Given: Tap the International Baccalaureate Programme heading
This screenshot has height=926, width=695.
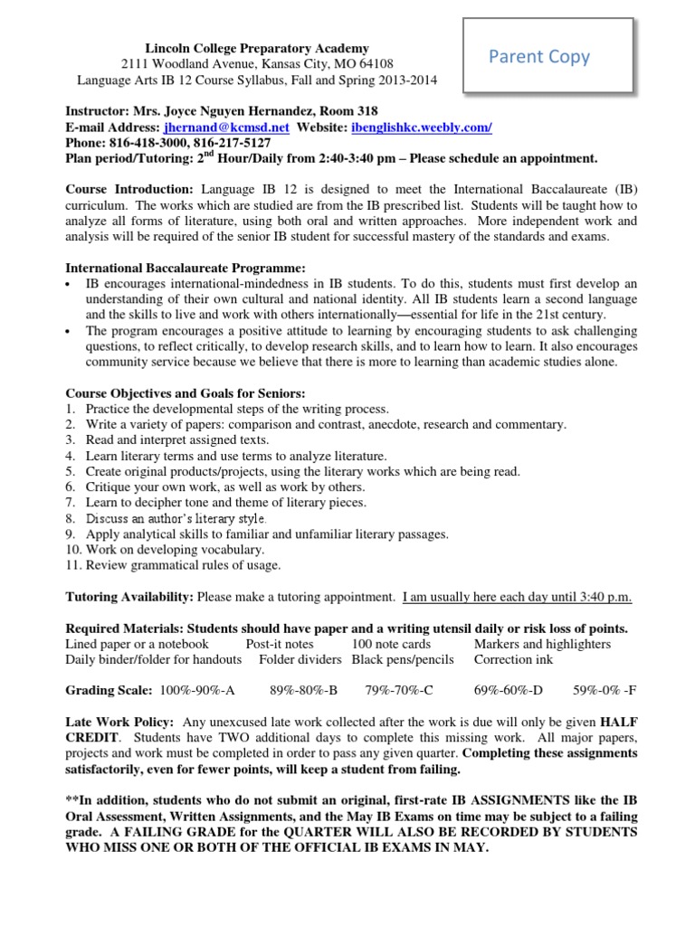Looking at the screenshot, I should (186, 268).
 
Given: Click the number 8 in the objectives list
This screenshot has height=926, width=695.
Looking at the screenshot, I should (70, 518).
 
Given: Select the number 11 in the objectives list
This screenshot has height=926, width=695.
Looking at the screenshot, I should (72, 565).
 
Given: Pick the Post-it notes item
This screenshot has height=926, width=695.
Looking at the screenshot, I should (280, 644).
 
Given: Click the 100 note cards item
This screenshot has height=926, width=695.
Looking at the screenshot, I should (391, 644).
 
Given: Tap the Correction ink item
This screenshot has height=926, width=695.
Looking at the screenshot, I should (512, 659).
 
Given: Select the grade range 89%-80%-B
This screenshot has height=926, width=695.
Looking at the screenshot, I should (303, 691).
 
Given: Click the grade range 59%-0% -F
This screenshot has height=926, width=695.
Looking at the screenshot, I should (605, 691).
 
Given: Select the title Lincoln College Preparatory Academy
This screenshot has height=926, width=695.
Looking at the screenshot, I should (258, 47).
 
